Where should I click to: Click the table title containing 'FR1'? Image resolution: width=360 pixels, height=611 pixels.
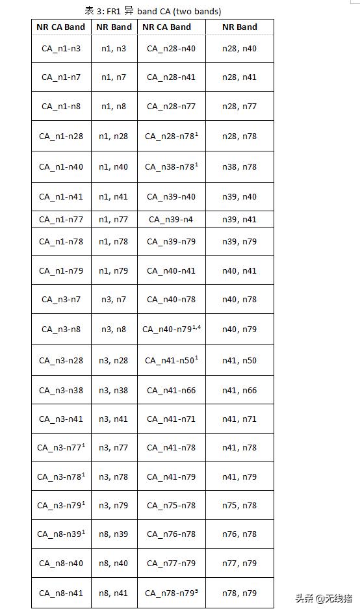pos(153,11)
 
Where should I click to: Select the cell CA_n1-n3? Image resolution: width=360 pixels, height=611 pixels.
pos(61,48)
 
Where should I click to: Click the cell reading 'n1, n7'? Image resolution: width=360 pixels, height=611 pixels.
pos(114,77)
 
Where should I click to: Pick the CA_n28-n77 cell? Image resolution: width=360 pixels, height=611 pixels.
pos(171,106)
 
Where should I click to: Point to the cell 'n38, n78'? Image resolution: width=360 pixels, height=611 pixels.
pos(239,166)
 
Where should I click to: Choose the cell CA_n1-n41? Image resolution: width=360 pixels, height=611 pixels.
pos(61,196)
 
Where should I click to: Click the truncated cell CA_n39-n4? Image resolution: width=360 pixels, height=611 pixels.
pos(171,219)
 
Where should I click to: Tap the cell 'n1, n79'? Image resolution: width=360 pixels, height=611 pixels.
pos(114,270)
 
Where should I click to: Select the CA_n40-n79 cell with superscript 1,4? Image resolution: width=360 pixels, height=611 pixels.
pos(171,329)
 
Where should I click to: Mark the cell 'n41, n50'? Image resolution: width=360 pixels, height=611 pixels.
pos(239,359)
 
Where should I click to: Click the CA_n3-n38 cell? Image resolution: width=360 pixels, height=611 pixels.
pos(61,390)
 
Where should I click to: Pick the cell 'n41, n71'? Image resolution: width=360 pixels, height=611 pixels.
pos(239,419)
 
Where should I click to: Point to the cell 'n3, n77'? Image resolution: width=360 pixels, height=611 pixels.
pos(114,447)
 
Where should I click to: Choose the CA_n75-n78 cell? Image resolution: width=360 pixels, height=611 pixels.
pos(171,505)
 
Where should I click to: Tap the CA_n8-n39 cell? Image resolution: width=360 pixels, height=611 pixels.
pos(61,534)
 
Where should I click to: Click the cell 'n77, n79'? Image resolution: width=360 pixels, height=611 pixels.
pos(239,563)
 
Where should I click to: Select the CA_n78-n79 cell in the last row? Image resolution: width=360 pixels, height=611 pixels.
pos(171,593)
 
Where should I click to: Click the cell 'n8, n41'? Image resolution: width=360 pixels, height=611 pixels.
pos(114,593)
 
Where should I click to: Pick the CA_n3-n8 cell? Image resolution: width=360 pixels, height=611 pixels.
pos(61,329)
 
